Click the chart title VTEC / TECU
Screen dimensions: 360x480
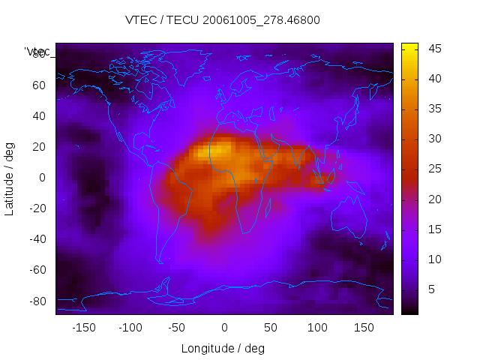pyautogui.click(x=223, y=20)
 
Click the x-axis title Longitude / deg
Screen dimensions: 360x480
pyautogui.click(x=223, y=348)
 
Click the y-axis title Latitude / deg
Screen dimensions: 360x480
pyautogui.click(x=10, y=177)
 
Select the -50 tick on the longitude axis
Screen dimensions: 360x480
pyautogui.click(x=177, y=328)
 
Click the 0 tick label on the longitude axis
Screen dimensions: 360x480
pyautogui.click(x=223, y=328)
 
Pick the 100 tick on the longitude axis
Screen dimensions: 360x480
pyautogui.click(x=317, y=328)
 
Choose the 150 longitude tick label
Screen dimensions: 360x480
pyautogui.click(x=364, y=328)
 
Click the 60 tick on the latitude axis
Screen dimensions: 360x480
pyautogui.click(x=38, y=85)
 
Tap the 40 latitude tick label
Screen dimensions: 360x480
pyautogui.click(x=38, y=115)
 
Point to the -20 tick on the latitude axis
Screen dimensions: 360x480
pyautogui.click(x=36, y=208)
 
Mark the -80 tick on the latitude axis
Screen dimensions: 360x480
pyautogui.click(x=36, y=301)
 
